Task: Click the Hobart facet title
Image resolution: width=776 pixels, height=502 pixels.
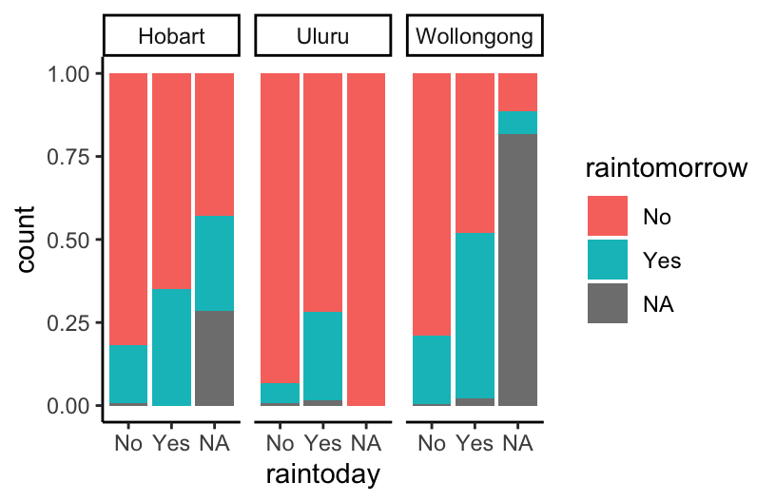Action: [171, 39]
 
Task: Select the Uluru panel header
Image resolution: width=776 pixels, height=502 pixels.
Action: [322, 39]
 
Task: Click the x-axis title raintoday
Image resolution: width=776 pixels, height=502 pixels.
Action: [322, 474]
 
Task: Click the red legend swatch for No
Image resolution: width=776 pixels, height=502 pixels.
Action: [608, 216]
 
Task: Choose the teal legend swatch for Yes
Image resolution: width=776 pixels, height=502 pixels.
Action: [608, 260]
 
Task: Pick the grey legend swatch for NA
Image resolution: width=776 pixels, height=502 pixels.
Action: [608, 303]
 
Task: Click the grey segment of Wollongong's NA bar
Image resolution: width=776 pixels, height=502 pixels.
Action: [517, 270]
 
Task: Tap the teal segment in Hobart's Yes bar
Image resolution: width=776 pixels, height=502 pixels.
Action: [171, 346]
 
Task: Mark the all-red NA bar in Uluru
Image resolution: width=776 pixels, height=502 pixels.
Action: [365, 239]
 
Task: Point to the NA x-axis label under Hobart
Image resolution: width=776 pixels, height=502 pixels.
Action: [214, 443]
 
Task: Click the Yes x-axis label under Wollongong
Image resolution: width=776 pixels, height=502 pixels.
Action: [475, 443]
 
